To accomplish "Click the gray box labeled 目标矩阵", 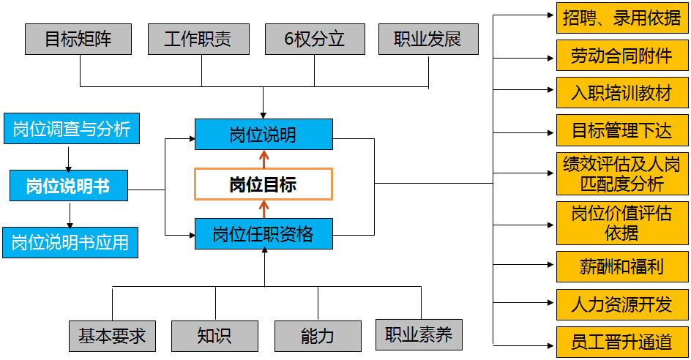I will click(78, 39).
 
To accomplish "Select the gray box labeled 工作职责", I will click(198, 39).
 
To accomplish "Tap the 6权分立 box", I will click(314, 39).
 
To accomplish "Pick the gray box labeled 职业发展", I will click(427, 39).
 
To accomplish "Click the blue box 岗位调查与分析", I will click(71, 130).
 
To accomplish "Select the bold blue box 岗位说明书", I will click(69, 186).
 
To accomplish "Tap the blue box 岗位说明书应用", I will click(70, 242).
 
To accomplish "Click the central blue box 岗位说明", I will click(264, 135).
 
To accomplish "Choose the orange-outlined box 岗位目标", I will click(264, 184).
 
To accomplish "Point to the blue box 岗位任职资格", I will click(264, 234).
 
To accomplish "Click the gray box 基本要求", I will click(112, 336).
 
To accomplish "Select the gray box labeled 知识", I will click(214, 336).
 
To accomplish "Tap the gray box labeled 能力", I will click(318, 336).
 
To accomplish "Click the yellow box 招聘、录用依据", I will click(622, 18).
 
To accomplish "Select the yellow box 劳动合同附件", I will click(622, 55).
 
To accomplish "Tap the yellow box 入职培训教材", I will click(622, 93).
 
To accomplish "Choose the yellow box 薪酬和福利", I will click(622, 266).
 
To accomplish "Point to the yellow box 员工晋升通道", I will click(622, 341).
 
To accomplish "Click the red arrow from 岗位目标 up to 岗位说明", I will click(264, 160).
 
